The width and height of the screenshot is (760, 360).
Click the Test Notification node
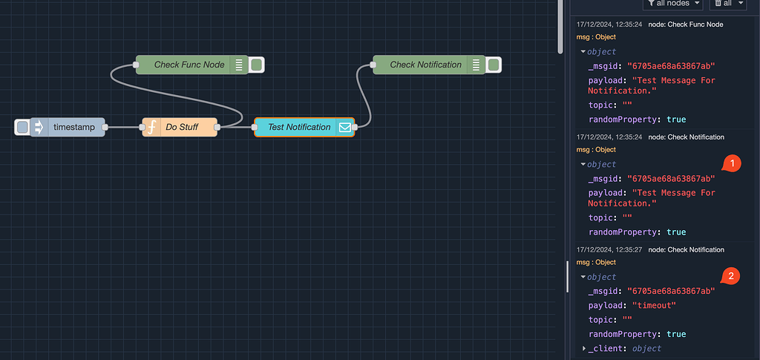click(298, 128)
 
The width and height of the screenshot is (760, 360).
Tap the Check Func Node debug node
click(189, 65)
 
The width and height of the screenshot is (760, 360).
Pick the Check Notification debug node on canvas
click(425, 65)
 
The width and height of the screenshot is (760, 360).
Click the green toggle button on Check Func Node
click(256, 65)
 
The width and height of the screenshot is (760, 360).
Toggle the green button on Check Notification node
click(493, 65)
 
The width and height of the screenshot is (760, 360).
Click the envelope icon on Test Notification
click(345, 128)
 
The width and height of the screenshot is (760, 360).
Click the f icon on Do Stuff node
click(151, 128)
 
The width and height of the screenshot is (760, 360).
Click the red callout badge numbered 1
click(731, 163)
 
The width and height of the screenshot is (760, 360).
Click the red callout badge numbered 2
click(731, 276)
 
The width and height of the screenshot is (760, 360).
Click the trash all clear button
click(727, 4)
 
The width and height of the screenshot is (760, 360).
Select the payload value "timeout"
click(653, 306)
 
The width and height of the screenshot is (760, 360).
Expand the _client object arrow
click(584, 348)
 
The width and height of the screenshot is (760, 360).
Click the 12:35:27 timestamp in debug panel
click(609, 250)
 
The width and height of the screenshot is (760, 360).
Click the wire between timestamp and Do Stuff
click(123, 128)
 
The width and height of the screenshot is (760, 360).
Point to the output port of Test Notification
click(355, 128)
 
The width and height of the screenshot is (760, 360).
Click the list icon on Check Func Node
click(238, 65)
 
